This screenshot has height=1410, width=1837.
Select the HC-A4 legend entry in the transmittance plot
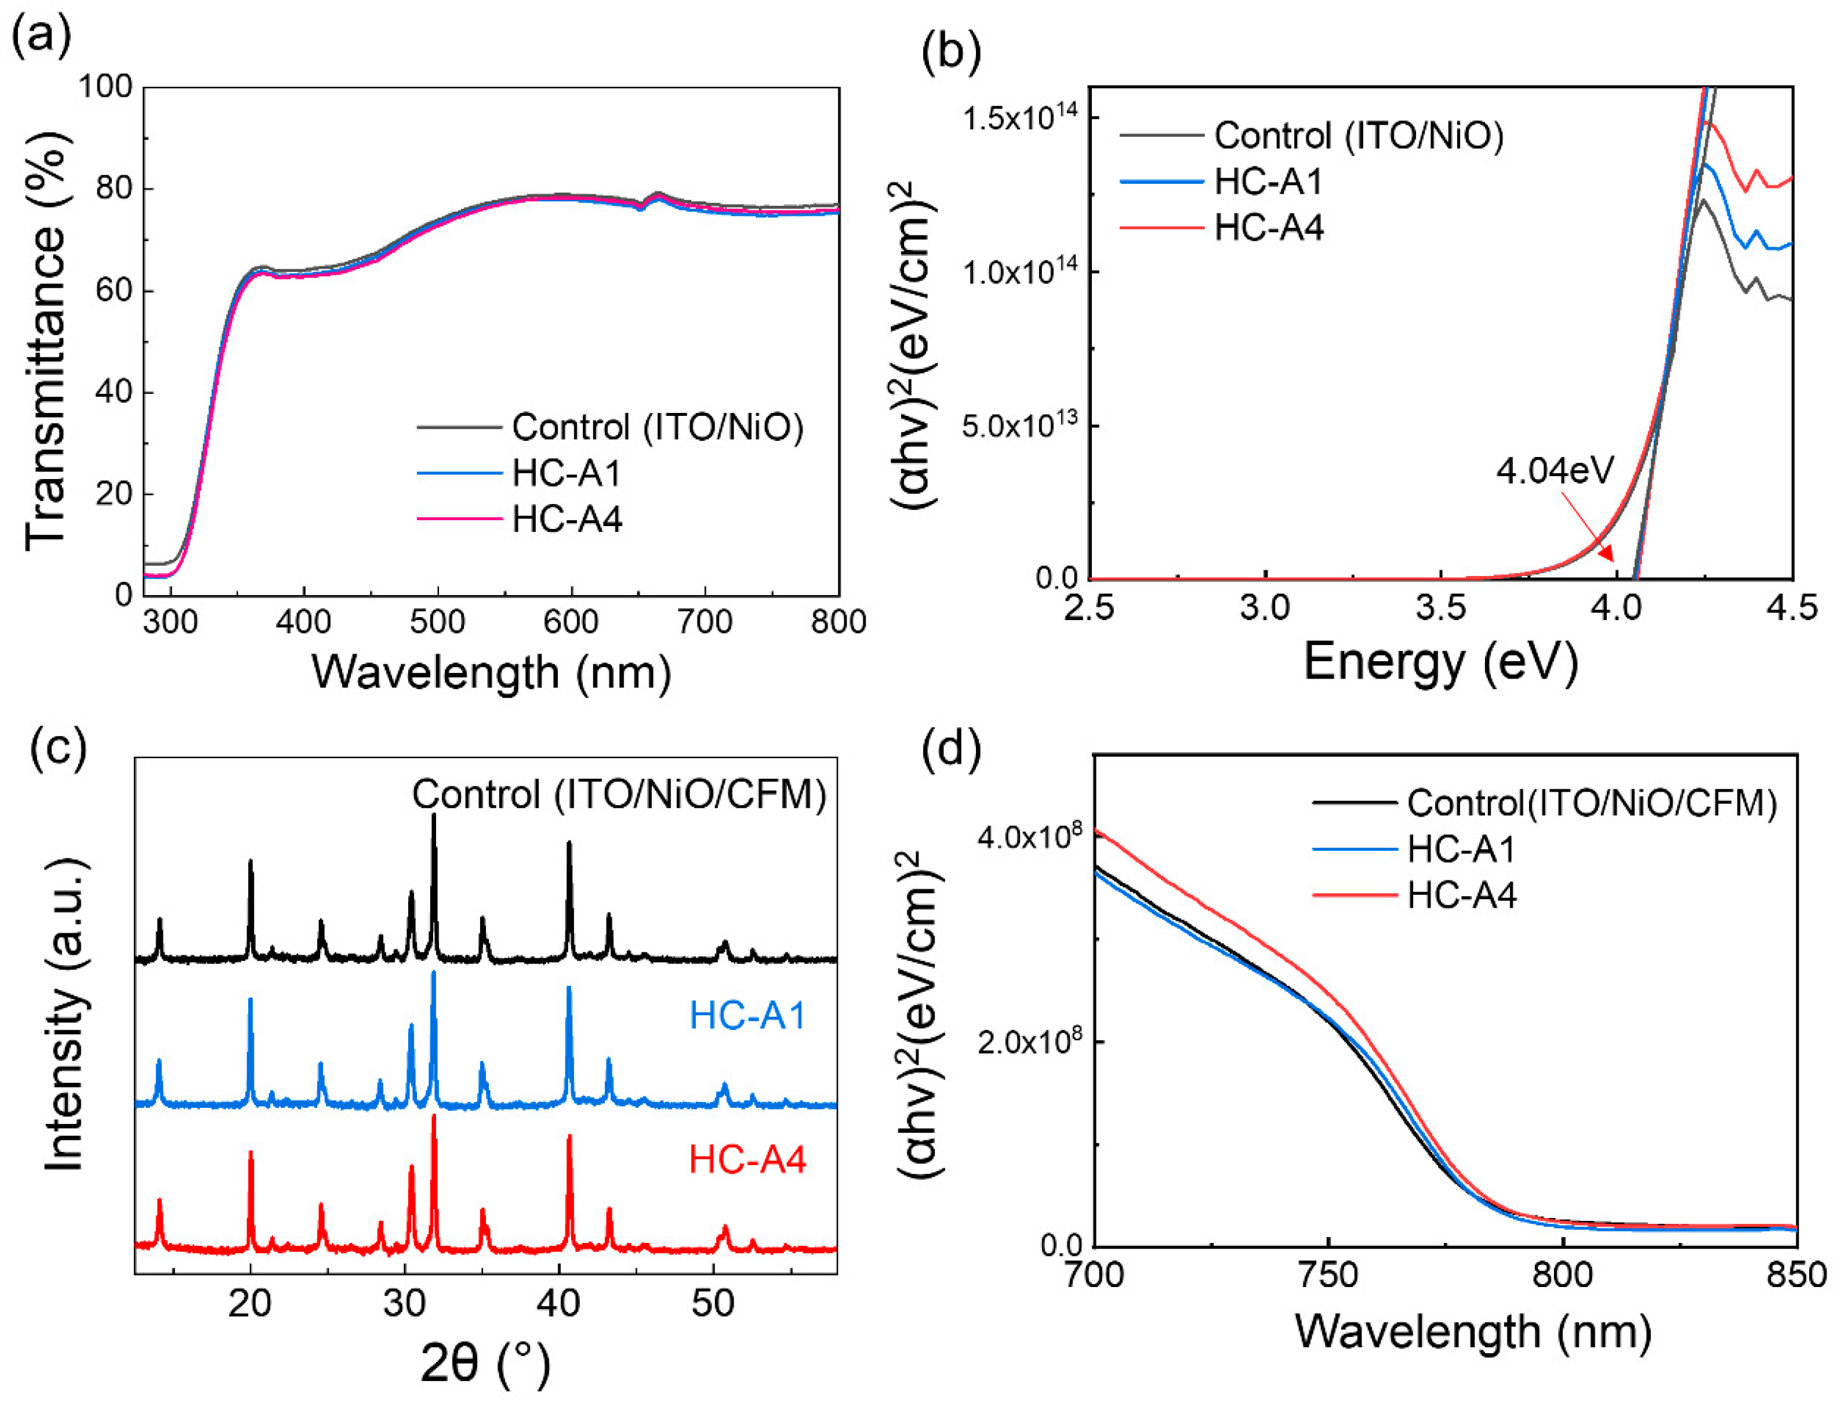click(567, 520)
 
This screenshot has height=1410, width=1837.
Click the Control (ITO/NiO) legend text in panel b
click(1359, 136)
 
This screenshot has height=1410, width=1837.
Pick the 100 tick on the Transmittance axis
click(105, 86)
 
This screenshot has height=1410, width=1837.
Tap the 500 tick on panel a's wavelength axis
click(437, 622)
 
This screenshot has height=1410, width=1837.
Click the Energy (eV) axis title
click(1440, 662)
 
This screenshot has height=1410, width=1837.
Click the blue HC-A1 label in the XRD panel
click(747, 1016)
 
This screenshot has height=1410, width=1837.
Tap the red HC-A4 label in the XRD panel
click(747, 1161)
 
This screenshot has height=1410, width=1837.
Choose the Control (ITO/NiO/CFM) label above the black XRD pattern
click(619, 795)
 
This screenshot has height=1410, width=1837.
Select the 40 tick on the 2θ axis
click(559, 1303)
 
